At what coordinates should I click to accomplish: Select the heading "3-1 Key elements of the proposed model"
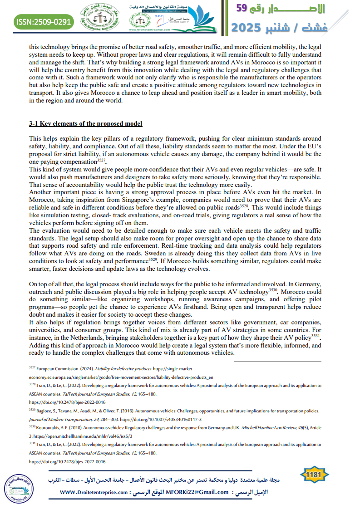click(x=86, y=124)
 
